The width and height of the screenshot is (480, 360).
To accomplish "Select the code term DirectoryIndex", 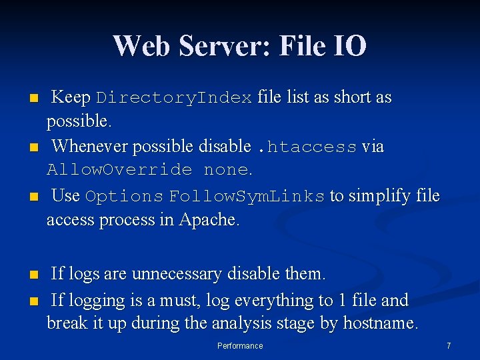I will (174, 98).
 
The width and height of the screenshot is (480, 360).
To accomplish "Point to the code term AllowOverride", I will (119, 170).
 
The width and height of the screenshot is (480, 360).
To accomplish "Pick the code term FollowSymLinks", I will (247, 197).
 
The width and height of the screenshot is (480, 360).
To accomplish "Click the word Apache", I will (207, 219).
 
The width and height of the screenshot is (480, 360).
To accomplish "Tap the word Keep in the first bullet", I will (71, 97).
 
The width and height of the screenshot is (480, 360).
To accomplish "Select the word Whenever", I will (89, 146).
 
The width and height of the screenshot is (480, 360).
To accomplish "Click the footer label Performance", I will (240, 346).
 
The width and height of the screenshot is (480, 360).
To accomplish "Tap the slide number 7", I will (449, 346).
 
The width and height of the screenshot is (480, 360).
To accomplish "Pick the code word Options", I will (125, 197).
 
